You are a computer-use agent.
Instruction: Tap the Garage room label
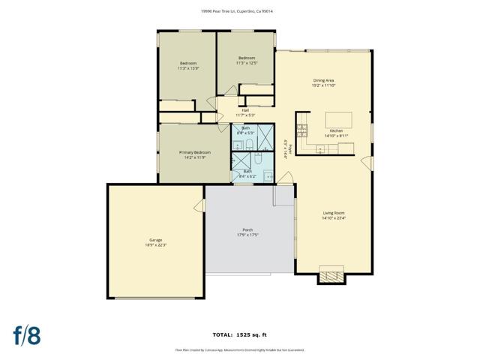[156, 241]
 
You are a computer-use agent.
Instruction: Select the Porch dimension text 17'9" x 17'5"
[247, 235]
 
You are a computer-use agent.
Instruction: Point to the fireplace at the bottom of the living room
[331, 275]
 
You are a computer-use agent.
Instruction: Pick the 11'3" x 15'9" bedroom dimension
[187, 68]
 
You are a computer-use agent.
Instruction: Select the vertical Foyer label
[286, 147]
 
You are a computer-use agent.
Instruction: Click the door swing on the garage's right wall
[200, 205]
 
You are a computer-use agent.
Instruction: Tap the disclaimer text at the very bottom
[239, 349]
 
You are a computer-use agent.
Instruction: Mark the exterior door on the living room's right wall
[367, 162]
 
